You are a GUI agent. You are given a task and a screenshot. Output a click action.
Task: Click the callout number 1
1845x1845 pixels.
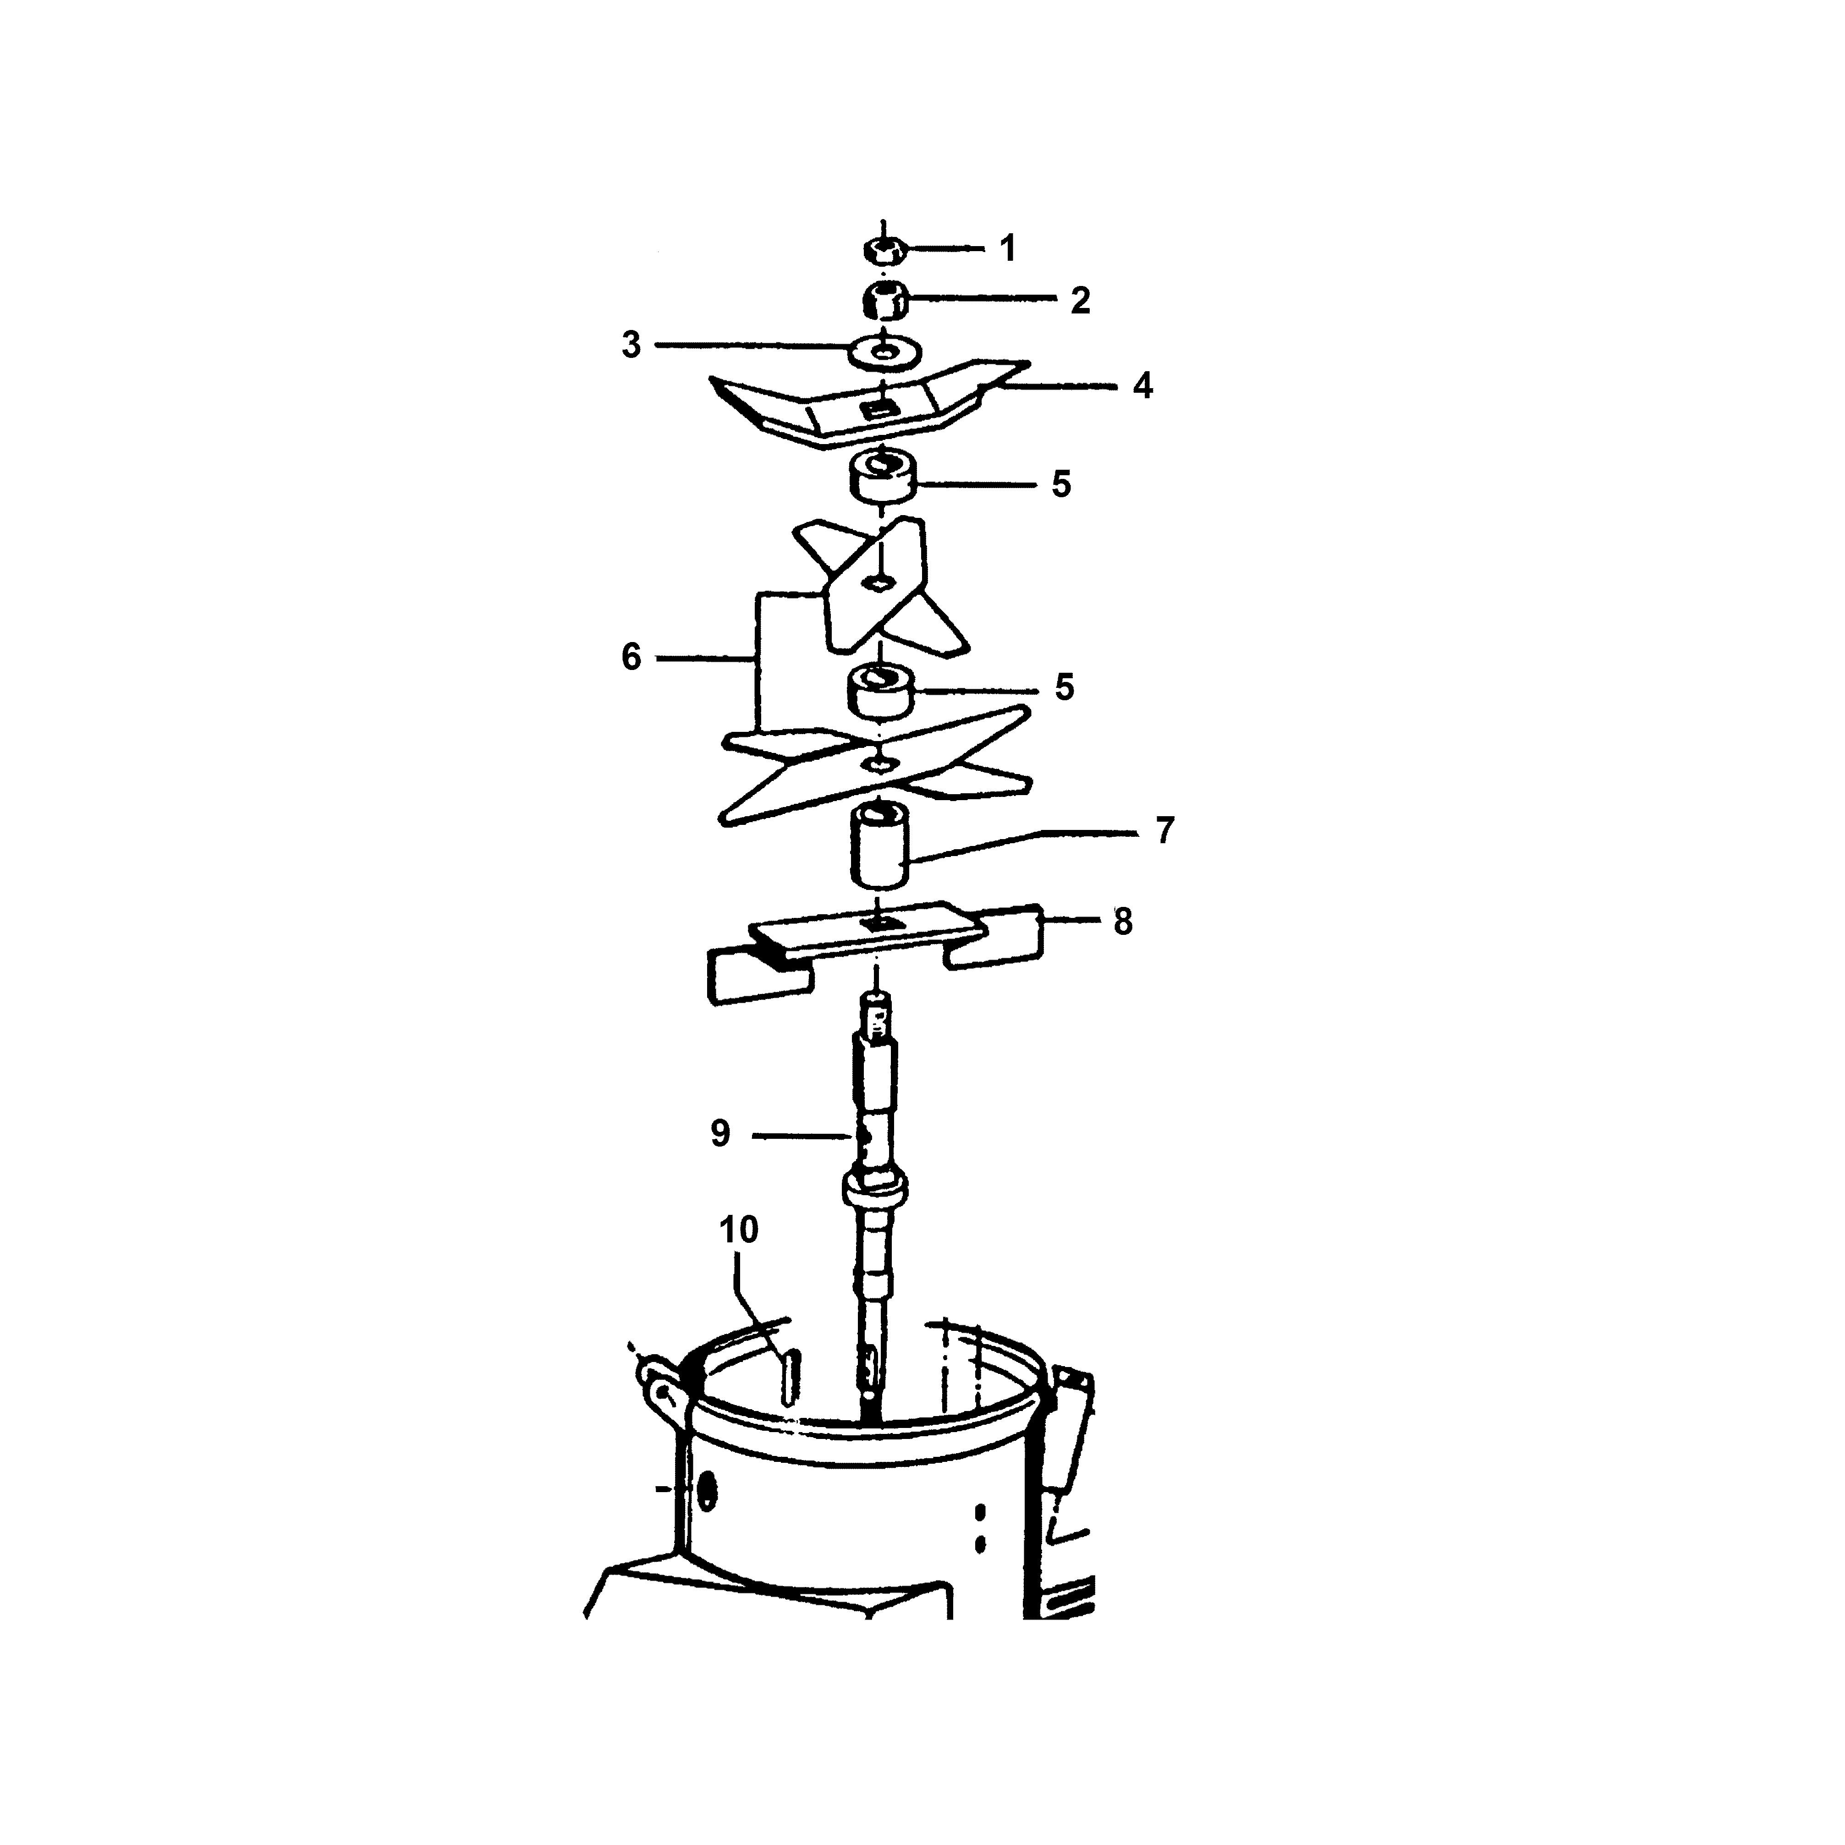pos(1007,248)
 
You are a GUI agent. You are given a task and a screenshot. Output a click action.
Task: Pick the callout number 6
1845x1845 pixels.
pos(631,657)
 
